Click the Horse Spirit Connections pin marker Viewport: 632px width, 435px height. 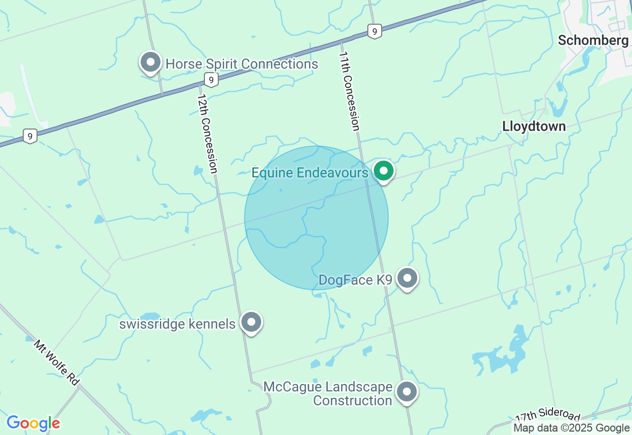tap(151, 63)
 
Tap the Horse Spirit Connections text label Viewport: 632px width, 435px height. tap(242, 64)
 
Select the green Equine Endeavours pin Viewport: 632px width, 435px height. tap(384, 171)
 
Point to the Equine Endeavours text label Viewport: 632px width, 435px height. tap(310, 173)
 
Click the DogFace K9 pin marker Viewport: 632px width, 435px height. tap(407, 278)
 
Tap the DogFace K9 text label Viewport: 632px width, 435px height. tap(355, 280)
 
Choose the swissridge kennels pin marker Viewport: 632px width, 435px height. tap(251, 322)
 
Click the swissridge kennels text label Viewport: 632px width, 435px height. tap(177, 324)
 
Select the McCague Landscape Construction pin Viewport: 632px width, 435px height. tap(407, 392)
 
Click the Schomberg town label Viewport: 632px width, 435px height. tap(593, 41)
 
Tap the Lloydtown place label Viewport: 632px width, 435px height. tap(534, 127)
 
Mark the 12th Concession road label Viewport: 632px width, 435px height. tap(207, 134)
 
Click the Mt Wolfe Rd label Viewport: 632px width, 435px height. tap(57, 362)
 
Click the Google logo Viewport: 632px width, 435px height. tap(33, 424)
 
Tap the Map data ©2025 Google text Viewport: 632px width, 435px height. tap(571, 428)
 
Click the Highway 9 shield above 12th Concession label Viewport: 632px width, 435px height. tap(211, 80)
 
